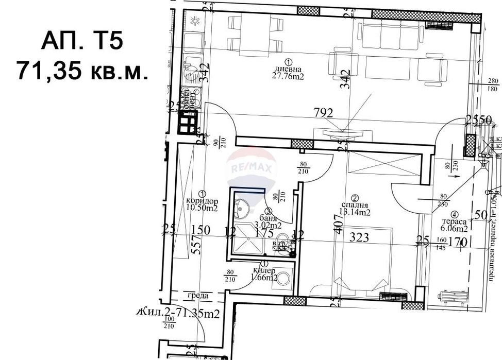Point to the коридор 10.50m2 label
(x=202, y=204)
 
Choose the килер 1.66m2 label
(x=264, y=274)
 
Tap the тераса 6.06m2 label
(x=454, y=225)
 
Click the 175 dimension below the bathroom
(x=264, y=233)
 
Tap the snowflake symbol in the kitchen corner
(x=196, y=21)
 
